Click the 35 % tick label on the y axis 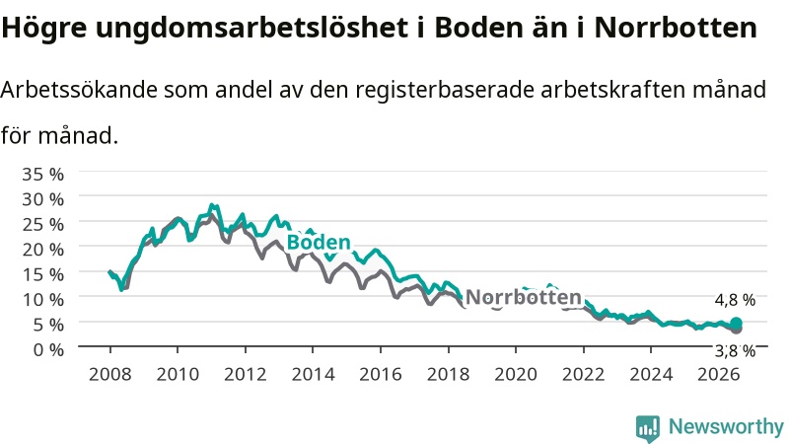click(x=42, y=175)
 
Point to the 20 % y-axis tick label click(x=42, y=250)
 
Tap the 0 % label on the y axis click(x=48, y=349)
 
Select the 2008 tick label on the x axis click(x=110, y=375)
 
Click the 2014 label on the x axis click(x=313, y=375)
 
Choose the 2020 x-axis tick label click(x=516, y=375)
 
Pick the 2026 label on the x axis click(x=719, y=375)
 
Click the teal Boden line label click(x=319, y=242)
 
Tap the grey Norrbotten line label click(x=524, y=297)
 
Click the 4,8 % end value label click(x=735, y=300)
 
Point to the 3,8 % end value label click(x=735, y=351)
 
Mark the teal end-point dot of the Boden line click(x=736, y=324)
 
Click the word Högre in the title click(x=44, y=28)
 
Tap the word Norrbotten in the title click(x=676, y=28)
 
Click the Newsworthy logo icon click(x=648, y=427)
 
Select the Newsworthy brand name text click(x=726, y=427)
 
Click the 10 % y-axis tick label click(x=42, y=300)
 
